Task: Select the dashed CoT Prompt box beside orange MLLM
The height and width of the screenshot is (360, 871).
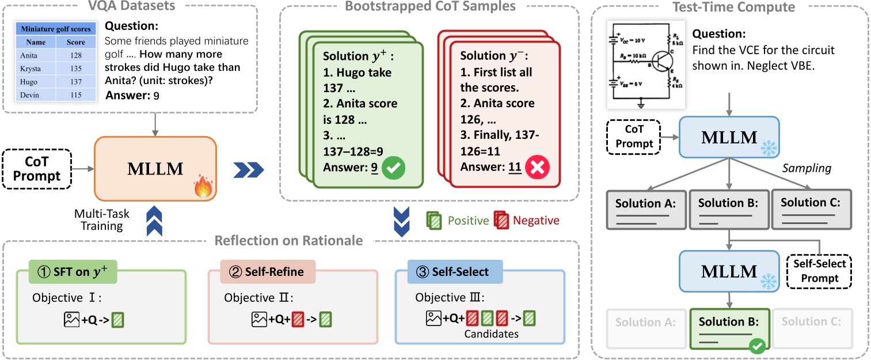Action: point(37,169)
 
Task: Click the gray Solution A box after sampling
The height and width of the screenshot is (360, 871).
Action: point(646,209)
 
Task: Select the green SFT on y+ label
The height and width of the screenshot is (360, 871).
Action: point(73,272)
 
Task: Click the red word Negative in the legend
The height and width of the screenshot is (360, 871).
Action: point(535,220)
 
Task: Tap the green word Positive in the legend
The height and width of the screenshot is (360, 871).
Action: point(469,220)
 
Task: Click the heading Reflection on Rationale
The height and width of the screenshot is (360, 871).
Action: point(288,240)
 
